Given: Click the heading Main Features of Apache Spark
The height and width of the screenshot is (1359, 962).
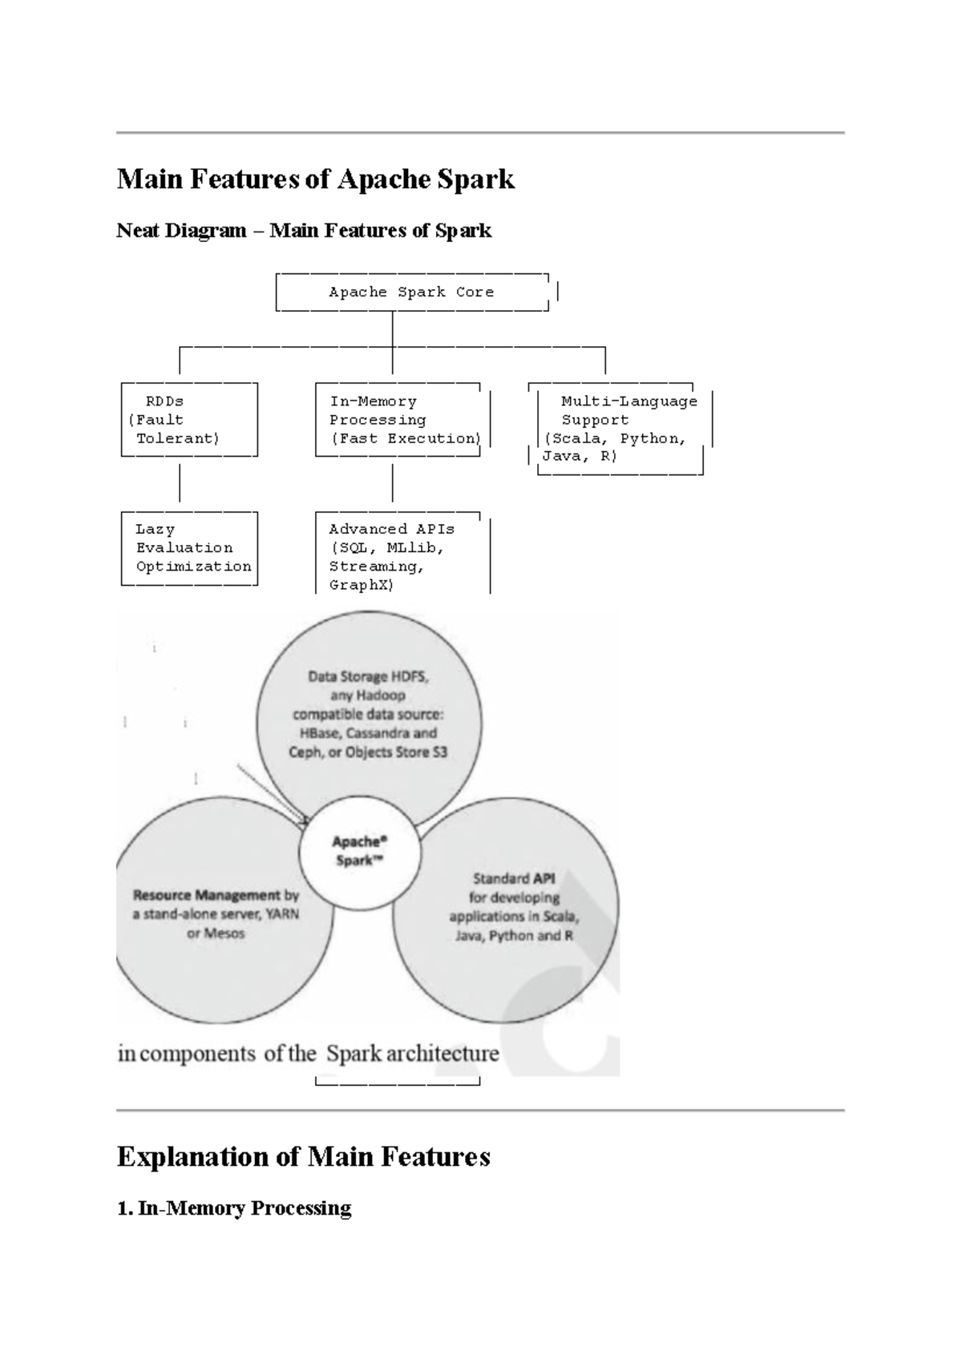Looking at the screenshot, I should pos(315,179).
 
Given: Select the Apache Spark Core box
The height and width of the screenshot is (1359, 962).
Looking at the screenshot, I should pos(411,292).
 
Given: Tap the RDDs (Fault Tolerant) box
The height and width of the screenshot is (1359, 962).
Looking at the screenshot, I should pos(189,420).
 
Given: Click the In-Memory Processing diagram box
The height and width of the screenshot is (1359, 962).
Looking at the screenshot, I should pos(398,420).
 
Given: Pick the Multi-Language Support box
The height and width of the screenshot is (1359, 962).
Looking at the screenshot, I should pos(619,429).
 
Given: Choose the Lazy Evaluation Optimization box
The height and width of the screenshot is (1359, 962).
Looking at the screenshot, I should pos(189,548).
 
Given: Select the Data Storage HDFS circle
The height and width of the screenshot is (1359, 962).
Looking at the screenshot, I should pos(369,713).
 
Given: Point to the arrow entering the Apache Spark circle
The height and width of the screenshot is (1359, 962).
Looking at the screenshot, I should pos(273,792).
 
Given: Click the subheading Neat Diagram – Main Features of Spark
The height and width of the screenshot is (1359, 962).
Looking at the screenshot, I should pos(304,231).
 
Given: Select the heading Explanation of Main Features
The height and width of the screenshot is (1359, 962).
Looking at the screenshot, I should pos(303,1157).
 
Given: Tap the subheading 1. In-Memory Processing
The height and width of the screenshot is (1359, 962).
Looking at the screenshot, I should pos(234,1208).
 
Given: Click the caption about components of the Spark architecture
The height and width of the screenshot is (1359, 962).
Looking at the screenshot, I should pos(309,1053).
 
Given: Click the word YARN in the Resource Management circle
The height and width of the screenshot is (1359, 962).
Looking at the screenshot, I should pos(281,914).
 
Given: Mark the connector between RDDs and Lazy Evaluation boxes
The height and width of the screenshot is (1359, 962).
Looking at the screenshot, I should pos(180,483).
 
